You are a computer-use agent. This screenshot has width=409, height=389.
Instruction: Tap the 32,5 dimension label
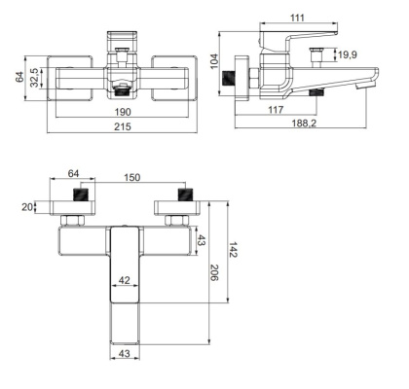tap(36, 75)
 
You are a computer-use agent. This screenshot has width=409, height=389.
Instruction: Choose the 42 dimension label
tap(123, 279)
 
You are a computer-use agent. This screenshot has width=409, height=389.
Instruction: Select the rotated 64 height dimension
tap(19, 75)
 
